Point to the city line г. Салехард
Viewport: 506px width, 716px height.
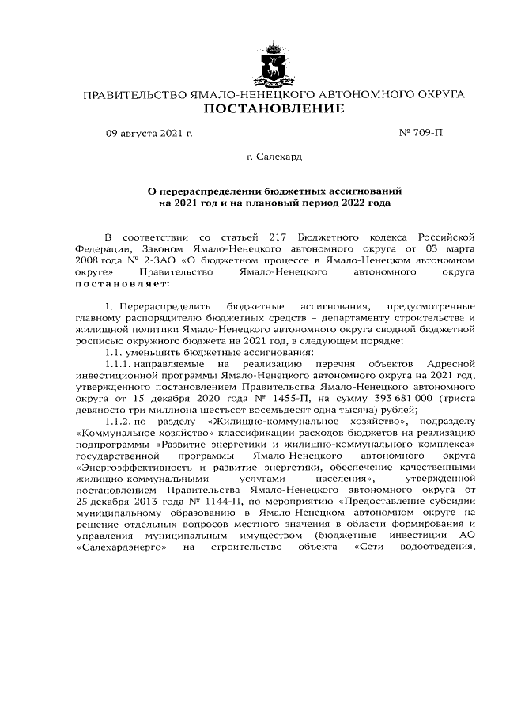pos(274,157)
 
